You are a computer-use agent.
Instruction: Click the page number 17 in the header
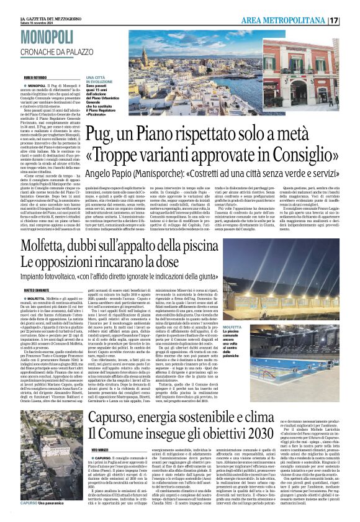(351, 20)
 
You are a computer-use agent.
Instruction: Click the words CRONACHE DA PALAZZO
(56, 50)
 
